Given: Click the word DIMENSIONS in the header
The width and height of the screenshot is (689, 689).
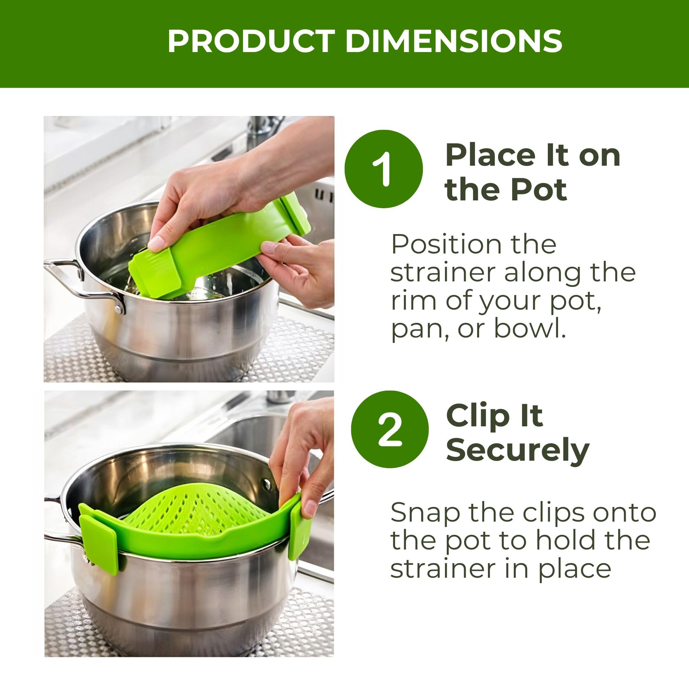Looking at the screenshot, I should coord(453,42).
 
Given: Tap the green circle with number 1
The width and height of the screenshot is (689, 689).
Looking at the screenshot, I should coord(383,169).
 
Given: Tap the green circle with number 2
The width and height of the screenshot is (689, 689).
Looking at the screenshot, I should coord(390,429).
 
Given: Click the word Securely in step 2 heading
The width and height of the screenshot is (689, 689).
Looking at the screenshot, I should coord(518,450).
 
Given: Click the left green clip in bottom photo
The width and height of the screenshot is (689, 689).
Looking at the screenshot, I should coord(98,534).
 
